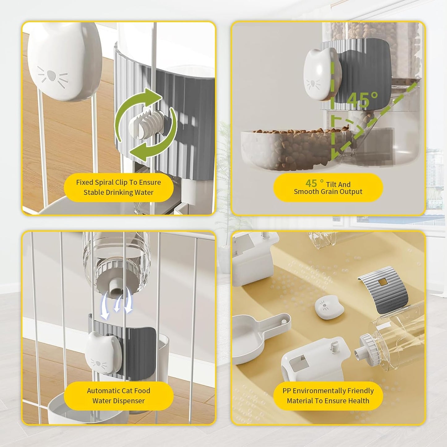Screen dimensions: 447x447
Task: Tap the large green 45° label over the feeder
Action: (362, 100)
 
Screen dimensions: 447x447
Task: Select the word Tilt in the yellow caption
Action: (331, 184)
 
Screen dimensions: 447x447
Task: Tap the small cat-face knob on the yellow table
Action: (329, 307)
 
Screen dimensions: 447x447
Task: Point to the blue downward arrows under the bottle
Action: (117, 305)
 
